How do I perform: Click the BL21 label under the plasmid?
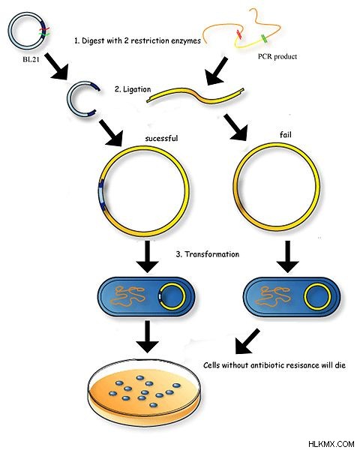tap(31, 60)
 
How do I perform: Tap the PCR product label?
tap(277, 56)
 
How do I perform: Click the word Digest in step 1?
tap(93, 40)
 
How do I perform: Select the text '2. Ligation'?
tap(133, 89)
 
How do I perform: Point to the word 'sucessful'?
tap(161, 138)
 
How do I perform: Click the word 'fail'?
tap(285, 134)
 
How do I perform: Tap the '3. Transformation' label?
tap(207, 254)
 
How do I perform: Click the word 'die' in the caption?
tap(340, 365)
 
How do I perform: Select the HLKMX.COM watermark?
tap(331, 444)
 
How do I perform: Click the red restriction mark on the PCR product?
tap(238, 34)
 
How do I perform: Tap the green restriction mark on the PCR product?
tap(264, 39)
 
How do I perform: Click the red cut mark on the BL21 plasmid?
tap(44, 29)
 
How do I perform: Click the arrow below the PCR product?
tap(217, 71)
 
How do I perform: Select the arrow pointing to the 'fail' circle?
tap(235, 127)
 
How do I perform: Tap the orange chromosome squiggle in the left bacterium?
tap(128, 296)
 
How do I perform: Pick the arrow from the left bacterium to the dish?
tap(147, 336)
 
